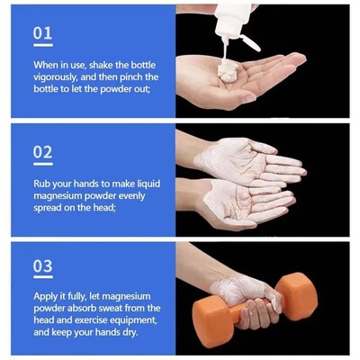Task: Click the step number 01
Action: click(x=42, y=33)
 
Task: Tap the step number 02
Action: click(x=42, y=151)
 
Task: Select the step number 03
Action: click(x=42, y=266)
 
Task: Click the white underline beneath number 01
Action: click(x=42, y=45)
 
